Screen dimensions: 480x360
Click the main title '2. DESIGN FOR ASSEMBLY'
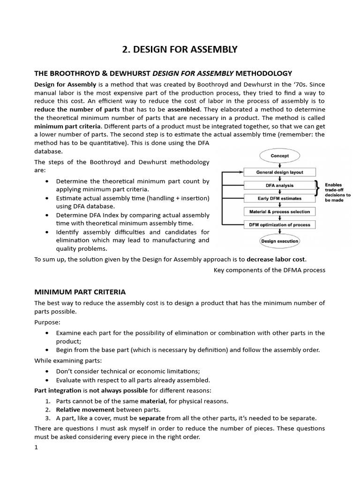tap(180, 49)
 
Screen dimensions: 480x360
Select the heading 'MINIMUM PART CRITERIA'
tap(80, 292)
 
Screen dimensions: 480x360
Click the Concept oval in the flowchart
tap(280, 156)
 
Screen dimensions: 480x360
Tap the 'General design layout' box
tap(280, 172)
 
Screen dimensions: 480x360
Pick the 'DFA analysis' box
tap(280, 185)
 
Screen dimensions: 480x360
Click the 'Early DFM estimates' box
tap(280, 198)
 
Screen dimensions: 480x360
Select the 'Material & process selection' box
tap(280, 211)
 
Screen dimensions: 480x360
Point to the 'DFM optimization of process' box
tap(280, 225)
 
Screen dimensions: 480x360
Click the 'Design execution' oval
tap(280, 241)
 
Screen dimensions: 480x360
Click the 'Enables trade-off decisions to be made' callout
tap(337, 192)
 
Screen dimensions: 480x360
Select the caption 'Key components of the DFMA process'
tap(269, 270)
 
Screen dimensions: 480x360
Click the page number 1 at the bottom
tap(36, 447)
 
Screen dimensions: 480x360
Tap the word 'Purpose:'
tap(47, 322)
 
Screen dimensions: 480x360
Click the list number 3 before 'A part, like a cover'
tap(48, 418)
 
